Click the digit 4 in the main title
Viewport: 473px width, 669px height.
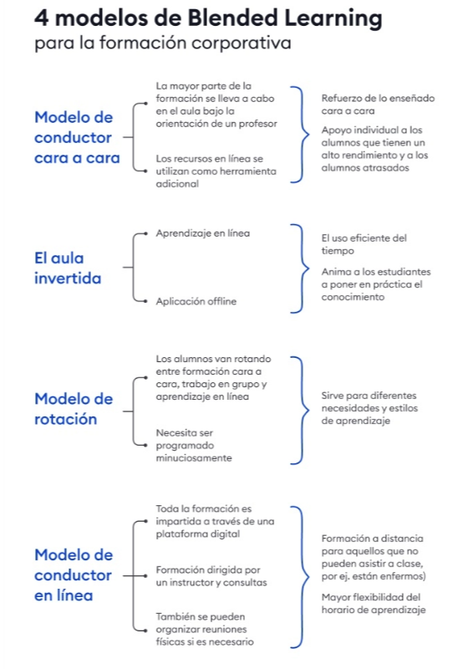coord(42,18)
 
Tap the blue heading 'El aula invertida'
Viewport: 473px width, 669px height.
coord(68,268)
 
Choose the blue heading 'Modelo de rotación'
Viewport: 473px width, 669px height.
coord(74,409)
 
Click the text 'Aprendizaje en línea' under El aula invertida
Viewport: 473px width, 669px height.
coord(202,233)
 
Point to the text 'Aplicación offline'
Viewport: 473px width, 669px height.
coord(196,301)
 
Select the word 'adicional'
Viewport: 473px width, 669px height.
coord(177,184)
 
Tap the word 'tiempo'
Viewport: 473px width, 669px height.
coord(338,251)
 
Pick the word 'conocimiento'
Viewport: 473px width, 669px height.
coord(353,297)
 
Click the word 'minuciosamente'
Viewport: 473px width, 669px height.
coord(194,458)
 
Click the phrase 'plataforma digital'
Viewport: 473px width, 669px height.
coord(197,534)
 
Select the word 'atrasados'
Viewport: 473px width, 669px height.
coord(386,168)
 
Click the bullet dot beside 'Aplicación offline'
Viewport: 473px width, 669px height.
coord(146,301)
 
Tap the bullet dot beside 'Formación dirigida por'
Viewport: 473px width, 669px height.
coord(146,576)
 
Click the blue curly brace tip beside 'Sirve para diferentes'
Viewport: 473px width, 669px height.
coord(308,411)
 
